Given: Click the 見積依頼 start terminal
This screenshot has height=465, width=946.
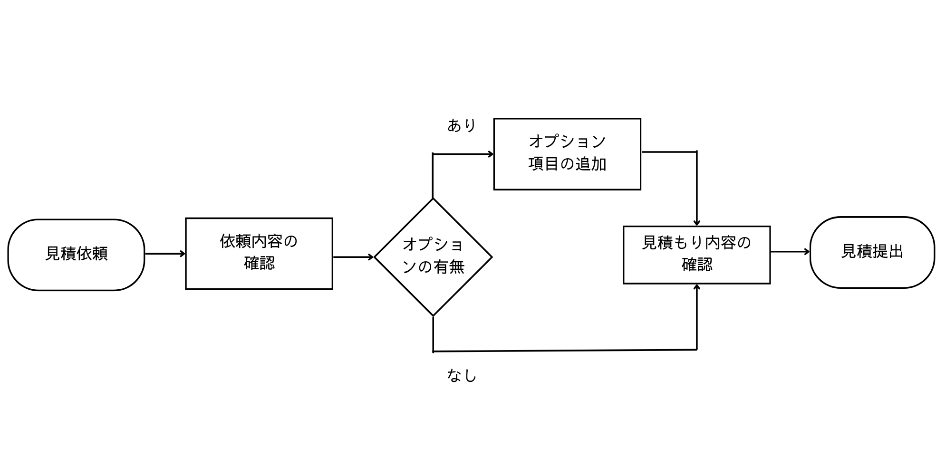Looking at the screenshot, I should pos(76,255).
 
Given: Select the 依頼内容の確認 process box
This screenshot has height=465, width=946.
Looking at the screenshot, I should pos(259,254).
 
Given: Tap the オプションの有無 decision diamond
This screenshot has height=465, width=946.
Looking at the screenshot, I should pos(433,257).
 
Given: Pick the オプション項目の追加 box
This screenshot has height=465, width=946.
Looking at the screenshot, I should pos(567,154).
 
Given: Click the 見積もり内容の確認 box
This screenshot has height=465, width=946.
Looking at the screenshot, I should pos(696,255).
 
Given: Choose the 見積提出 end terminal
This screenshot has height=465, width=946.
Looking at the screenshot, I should pos(872,252).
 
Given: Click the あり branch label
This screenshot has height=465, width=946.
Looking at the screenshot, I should pos(462,125).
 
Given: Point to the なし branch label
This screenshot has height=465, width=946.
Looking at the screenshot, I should pos(462,376).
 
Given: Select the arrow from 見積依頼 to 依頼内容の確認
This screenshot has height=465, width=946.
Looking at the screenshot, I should pos(164,254).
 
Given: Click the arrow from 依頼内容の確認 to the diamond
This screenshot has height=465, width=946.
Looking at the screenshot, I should pos(353,257).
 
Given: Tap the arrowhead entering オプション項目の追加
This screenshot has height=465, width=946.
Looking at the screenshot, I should pos(490,154).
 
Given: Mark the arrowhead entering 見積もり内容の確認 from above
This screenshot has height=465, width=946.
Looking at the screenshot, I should pos(697,222).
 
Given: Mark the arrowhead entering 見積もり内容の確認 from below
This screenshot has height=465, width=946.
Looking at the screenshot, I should pos(697,287).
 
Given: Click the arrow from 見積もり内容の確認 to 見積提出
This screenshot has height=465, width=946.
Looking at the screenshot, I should pos(790,252).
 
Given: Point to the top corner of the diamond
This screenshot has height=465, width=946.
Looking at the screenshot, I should pos(433,199).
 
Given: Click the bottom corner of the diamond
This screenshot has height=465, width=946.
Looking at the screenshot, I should pos(433,315).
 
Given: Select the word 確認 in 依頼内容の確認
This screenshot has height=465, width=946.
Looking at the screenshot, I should pos(260,264).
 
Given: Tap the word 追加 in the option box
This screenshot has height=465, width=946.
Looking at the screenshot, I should pos(591,164).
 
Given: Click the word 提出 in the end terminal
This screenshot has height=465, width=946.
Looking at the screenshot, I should pos(888,252).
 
